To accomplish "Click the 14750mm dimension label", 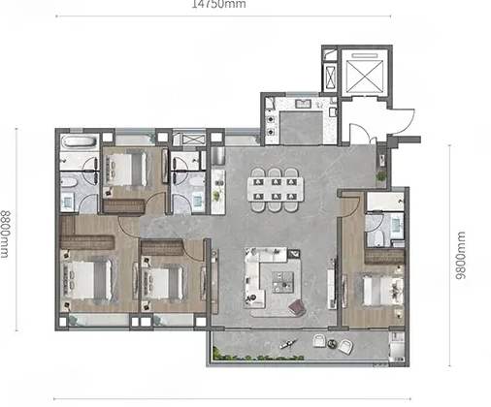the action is [x=218, y=4].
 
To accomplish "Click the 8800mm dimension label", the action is [x=4, y=235].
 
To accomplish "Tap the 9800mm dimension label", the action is [x=461, y=255].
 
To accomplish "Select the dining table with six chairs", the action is [x=276, y=190].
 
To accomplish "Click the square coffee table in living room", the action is [x=282, y=282].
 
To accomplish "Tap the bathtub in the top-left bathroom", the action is [x=80, y=141].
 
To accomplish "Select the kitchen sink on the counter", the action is [x=303, y=104].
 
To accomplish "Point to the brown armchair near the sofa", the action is [x=298, y=307].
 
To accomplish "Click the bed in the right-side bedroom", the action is [x=382, y=290].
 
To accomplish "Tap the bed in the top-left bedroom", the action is [x=128, y=169].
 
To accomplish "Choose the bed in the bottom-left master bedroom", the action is [x=88, y=279].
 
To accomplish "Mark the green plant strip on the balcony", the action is [x=258, y=356].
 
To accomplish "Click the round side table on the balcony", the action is [x=332, y=343].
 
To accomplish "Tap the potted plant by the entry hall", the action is [x=381, y=176].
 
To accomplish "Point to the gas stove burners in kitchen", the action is [x=270, y=126].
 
